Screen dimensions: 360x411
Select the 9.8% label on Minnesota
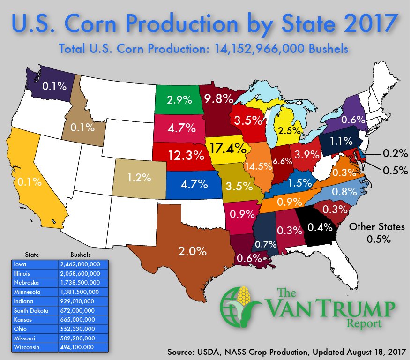(x=218, y=98)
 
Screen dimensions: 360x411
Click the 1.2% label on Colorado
(x=139, y=178)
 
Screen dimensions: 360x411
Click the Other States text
(x=377, y=227)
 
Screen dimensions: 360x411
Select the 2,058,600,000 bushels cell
(x=80, y=273)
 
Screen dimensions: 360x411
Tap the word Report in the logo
(x=366, y=323)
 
